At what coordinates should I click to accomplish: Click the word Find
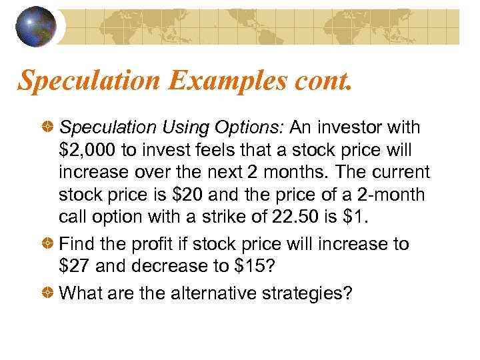(x=79, y=244)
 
